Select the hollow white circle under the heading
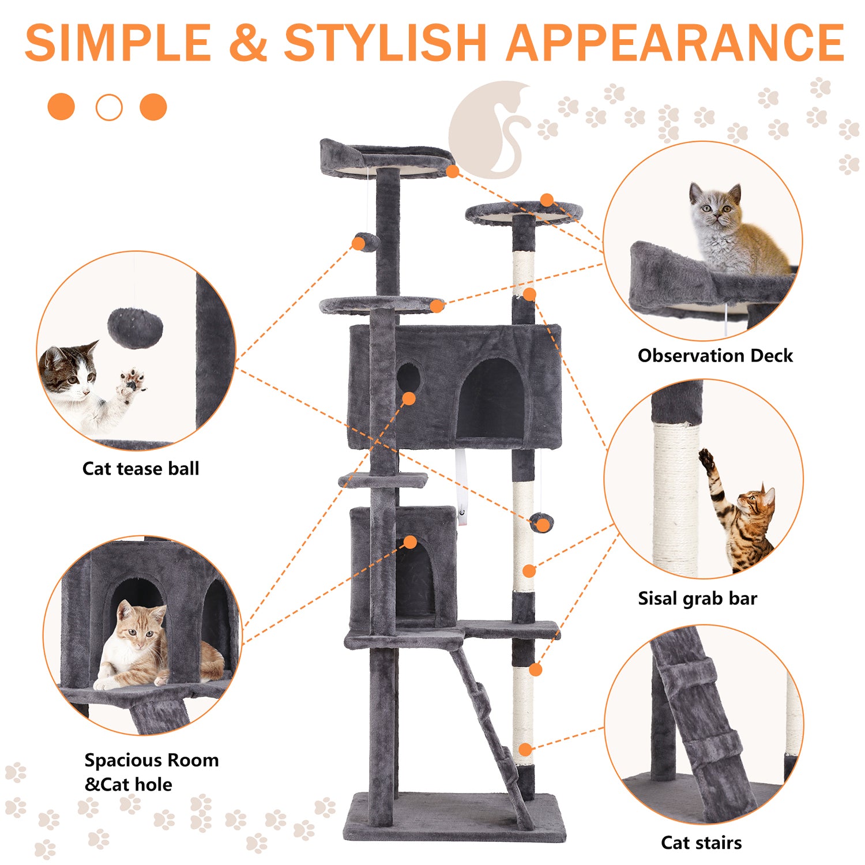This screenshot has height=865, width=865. coord(109,107)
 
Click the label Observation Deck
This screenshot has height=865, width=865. coord(715,356)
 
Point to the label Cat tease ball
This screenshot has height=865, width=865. coord(141,468)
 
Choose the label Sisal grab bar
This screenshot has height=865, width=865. coord(697,599)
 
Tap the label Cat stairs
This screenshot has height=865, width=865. coord(701,843)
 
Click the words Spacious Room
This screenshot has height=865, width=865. coord(152,760)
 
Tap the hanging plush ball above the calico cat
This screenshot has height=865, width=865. coord(135,328)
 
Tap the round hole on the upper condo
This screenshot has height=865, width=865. coord(408,378)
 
